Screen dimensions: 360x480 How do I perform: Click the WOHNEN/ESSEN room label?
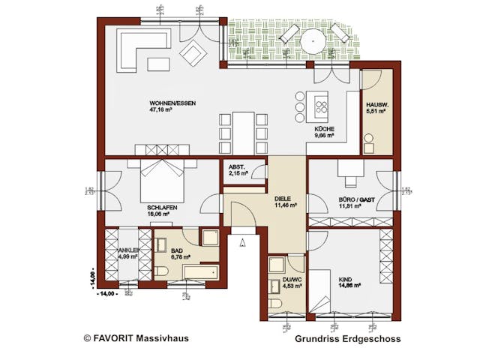pyautogui.click(x=172, y=103)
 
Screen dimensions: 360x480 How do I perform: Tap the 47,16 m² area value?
pyautogui.click(x=162, y=109)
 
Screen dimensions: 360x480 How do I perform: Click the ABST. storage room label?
pyautogui.click(x=237, y=167)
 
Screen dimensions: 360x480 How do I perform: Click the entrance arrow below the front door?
pyautogui.click(x=241, y=241)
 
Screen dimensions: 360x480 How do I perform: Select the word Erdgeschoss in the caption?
pyautogui.click(x=372, y=338)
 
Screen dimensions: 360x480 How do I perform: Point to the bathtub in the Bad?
pyautogui.click(x=193, y=271)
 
